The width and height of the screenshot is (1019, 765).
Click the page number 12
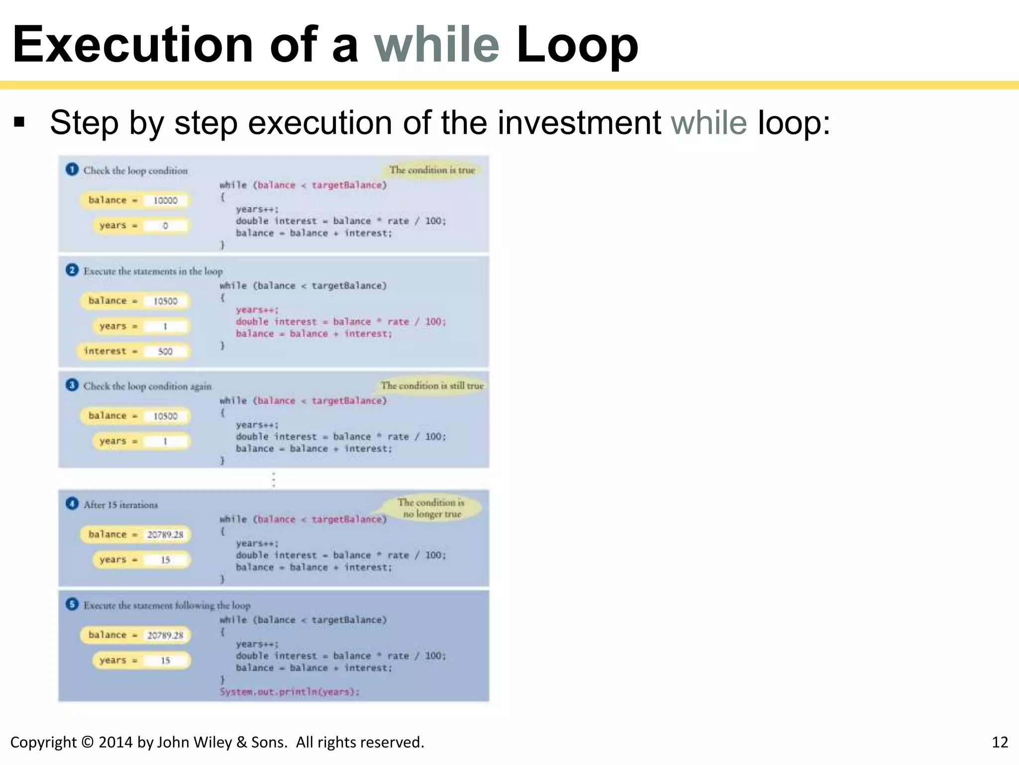tap(1000, 742)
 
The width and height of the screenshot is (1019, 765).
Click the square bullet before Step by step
tap(19, 122)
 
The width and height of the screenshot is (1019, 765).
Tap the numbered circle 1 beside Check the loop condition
tap(72, 169)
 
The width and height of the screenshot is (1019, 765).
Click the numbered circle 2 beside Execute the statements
tap(72, 270)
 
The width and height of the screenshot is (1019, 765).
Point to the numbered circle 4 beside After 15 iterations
tap(72, 504)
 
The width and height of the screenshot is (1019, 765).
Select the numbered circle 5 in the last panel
tap(72, 604)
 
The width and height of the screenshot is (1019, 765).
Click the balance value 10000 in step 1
tap(165, 200)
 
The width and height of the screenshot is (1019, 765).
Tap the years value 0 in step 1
tap(165, 226)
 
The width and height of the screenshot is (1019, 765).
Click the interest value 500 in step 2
tap(165, 351)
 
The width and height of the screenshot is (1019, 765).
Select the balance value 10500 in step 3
tap(165, 416)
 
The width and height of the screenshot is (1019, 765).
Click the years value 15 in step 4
tap(165, 560)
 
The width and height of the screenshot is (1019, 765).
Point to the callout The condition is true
tap(432, 170)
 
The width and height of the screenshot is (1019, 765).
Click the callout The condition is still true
tap(432, 385)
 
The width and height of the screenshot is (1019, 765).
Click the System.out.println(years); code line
tap(290, 691)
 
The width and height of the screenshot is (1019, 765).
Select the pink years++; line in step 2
tap(257, 310)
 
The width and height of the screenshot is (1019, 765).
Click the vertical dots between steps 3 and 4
tap(274, 479)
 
